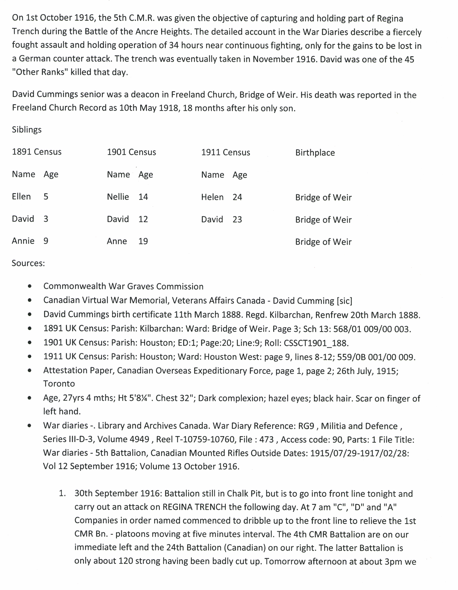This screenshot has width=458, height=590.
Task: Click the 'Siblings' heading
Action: coord(26,130)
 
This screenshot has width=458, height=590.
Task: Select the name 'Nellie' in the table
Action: coord(118,197)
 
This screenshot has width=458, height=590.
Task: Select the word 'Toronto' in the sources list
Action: coord(59,384)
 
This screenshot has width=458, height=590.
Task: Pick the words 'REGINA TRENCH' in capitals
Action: coord(194,507)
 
